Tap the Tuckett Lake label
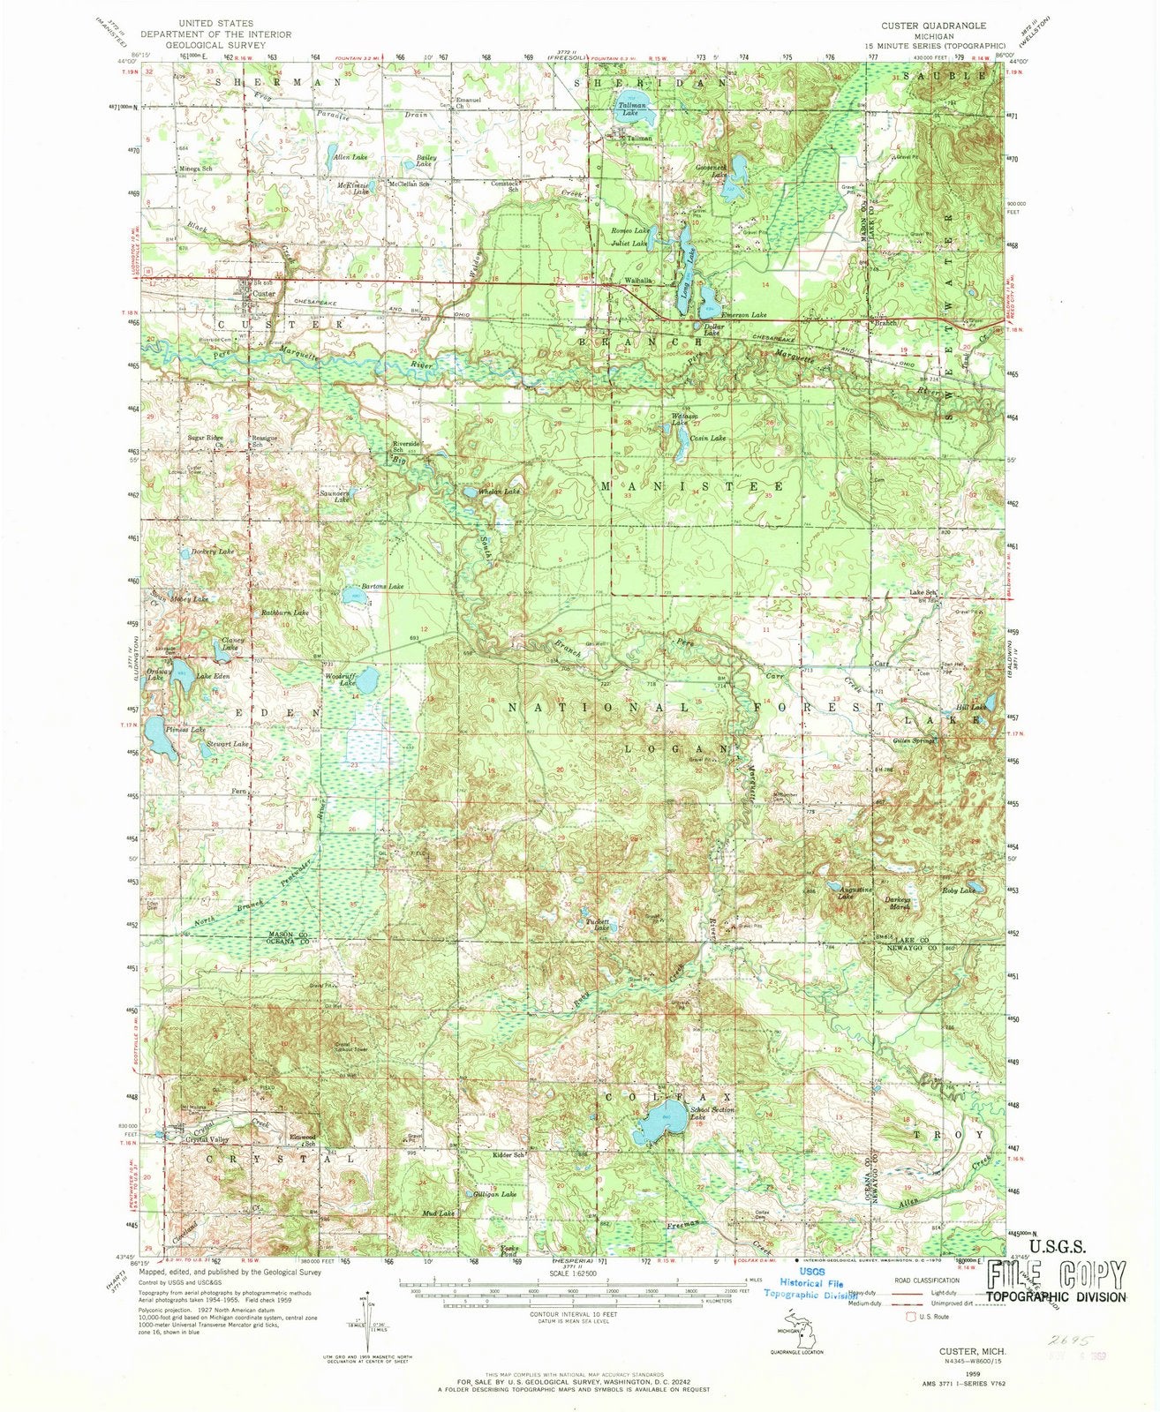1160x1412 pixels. coord(600,926)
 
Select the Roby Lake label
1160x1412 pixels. coord(960,891)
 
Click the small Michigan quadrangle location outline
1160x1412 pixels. coord(788,1330)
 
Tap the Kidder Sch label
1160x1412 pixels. coord(510,1154)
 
